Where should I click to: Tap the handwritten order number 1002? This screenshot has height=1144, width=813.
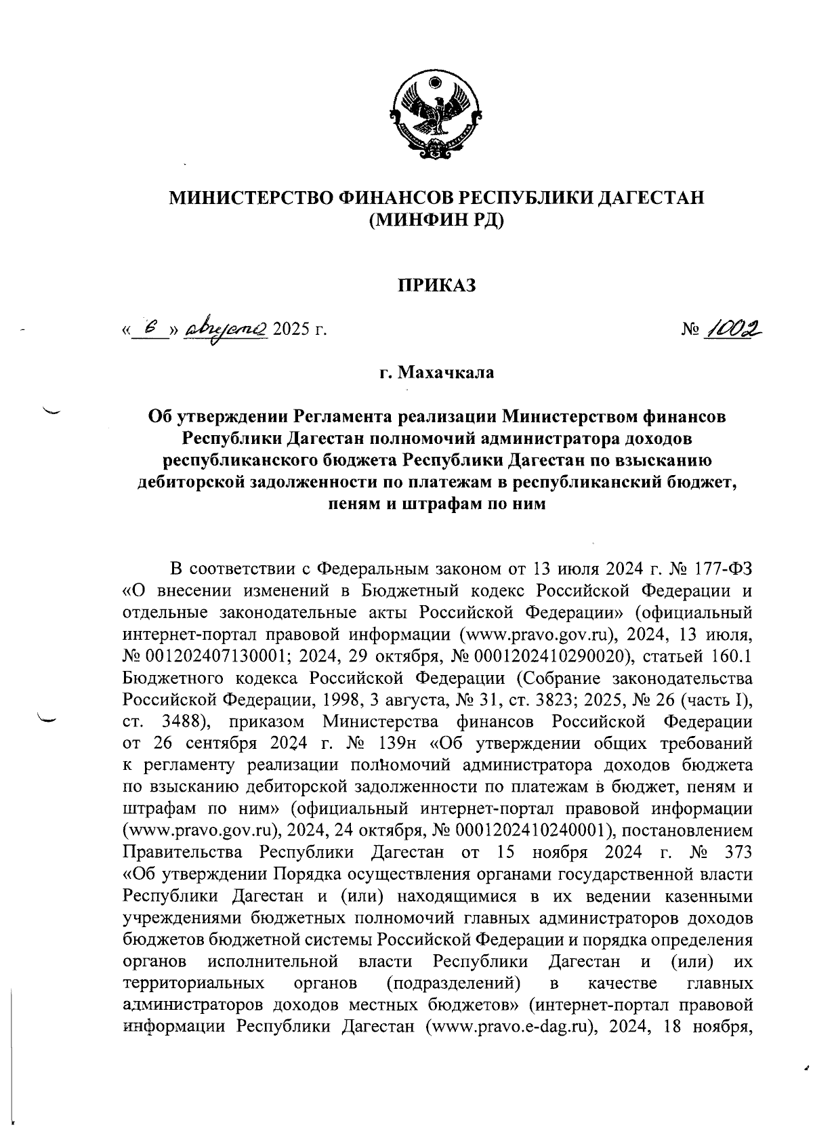tap(731, 329)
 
